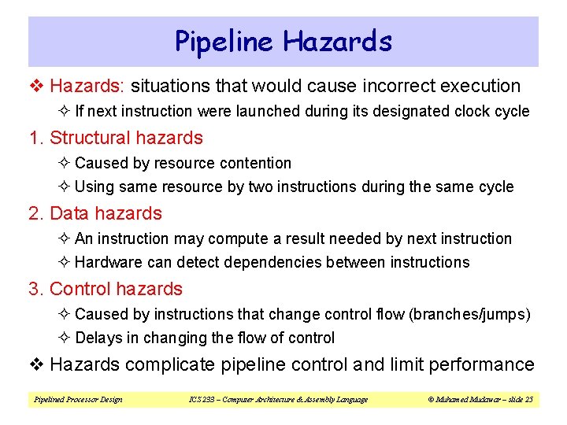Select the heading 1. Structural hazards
click(x=116, y=138)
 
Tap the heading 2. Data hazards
click(x=95, y=213)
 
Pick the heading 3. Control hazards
click(x=106, y=289)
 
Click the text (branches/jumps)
click(x=469, y=314)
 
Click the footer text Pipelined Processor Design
click(x=78, y=400)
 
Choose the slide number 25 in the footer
click(x=528, y=400)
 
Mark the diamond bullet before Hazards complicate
click(x=36, y=364)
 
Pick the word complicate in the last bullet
click(x=162, y=364)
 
